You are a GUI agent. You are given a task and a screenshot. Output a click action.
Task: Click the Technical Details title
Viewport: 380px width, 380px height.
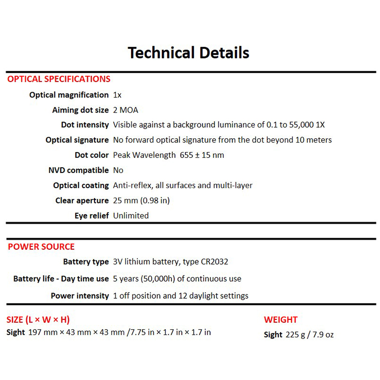click(189, 52)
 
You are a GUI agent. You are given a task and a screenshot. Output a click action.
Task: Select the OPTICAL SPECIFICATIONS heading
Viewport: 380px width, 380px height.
click(59, 79)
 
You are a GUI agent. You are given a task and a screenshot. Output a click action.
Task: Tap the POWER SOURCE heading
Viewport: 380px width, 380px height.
click(41, 247)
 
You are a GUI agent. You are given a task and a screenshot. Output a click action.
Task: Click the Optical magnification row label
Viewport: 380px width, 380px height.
click(69, 95)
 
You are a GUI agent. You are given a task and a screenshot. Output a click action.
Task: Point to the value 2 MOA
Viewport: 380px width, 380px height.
click(125, 110)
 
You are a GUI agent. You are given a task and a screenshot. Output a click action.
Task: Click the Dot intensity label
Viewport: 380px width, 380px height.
click(85, 125)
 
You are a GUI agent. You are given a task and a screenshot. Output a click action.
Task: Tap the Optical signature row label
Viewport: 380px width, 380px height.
click(77, 140)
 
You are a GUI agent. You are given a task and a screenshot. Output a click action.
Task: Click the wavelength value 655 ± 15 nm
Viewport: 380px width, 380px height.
click(202, 155)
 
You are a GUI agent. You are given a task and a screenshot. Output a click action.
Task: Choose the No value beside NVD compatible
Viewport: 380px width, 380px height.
click(118, 170)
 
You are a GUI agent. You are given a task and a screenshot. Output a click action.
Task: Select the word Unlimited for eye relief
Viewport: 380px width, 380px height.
click(131, 216)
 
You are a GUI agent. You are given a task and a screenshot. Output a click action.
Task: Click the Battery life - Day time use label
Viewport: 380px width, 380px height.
click(61, 279)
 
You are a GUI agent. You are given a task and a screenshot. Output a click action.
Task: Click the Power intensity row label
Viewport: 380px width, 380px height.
click(80, 296)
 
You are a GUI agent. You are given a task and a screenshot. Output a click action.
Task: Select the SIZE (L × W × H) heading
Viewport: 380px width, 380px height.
click(38, 320)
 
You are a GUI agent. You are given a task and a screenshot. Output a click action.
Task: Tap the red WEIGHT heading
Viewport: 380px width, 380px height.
click(281, 320)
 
